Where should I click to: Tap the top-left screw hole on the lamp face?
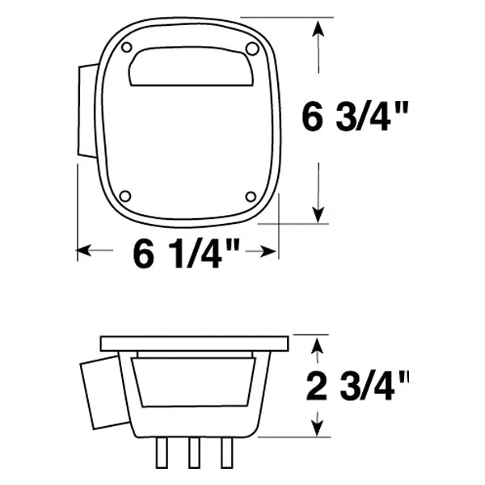click(127, 49)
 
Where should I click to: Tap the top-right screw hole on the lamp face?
click(251, 50)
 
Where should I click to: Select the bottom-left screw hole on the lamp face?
click(123, 196)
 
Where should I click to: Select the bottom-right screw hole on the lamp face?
click(251, 196)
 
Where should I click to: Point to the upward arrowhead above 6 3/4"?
click(321, 29)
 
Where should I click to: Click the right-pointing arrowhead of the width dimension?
click(271, 253)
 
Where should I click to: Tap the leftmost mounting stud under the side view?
click(160, 453)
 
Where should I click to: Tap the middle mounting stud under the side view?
click(194, 453)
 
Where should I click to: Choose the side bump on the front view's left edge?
click(86, 113)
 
